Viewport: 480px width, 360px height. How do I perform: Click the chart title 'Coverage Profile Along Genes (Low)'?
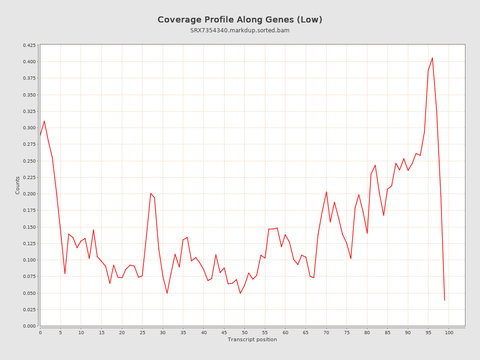(240, 20)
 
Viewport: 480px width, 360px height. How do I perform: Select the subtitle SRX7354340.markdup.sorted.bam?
(240, 30)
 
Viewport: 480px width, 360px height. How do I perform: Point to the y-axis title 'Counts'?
(18, 185)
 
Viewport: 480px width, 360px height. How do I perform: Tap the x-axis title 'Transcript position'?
(252, 339)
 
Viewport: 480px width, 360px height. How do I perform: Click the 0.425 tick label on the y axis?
(29, 45)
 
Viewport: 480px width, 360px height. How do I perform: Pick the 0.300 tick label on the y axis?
(29, 128)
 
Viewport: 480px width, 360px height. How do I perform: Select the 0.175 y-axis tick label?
(29, 210)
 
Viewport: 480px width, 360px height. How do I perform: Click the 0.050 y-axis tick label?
(29, 293)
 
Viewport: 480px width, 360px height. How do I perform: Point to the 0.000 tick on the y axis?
(29, 326)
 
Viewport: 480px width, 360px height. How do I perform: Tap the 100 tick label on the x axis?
(449, 333)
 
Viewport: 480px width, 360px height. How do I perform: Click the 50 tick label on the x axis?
(245, 333)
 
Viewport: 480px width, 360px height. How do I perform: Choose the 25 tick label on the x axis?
(142, 333)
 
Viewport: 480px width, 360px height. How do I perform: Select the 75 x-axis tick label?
(347, 333)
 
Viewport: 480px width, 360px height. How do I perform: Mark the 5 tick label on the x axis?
(60, 333)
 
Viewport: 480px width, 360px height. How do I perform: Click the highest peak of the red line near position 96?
(432, 58)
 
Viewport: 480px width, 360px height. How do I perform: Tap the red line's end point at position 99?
(444, 300)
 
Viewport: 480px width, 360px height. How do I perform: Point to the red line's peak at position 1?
(44, 121)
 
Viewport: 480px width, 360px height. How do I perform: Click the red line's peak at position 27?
(150, 193)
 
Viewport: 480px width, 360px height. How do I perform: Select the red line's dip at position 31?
(167, 293)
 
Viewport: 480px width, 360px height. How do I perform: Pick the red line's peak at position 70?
(326, 192)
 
